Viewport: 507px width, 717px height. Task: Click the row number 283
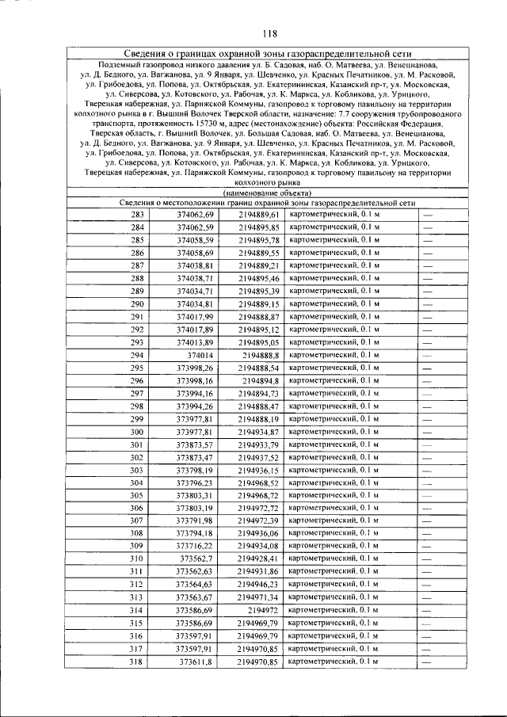click(138, 215)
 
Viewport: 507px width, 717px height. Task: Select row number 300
click(138, 432)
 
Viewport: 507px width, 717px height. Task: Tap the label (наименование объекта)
click(268, 193)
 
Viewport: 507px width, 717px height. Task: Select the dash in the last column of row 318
click(428, 661)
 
